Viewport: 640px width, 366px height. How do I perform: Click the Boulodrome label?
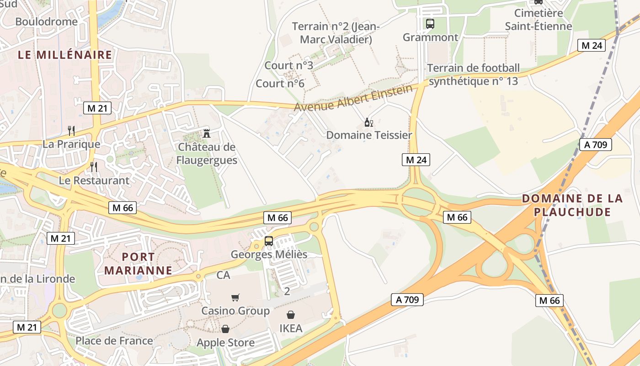tap(46, 22)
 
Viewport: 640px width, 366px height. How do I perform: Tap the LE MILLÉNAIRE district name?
tap(65, 55)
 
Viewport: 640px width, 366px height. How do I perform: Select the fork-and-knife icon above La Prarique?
tap(71, 131)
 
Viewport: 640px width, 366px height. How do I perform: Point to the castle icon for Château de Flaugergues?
tap(207, 134)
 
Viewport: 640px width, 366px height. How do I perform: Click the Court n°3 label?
tap(289, 65)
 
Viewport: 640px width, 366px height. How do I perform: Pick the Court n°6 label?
tap(280, 83)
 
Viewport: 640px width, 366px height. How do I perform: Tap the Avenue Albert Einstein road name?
tap(353, 98)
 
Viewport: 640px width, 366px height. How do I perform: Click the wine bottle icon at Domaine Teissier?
tap(368, 122)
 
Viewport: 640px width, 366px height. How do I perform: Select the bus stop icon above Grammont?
tap(430, 24)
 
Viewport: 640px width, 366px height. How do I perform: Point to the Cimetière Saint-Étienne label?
tap(538, 20)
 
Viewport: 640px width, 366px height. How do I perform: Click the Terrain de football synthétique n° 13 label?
tap(473, 75)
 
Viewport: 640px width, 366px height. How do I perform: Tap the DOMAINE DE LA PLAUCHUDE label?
tap(572, 205)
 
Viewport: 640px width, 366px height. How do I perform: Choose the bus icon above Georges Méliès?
tap(269, 241)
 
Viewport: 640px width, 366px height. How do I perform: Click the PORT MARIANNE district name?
tap(138, 263)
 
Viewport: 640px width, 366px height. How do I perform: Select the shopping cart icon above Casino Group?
tap(235, 298)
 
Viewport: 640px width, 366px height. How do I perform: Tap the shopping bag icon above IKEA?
tap(291, 315)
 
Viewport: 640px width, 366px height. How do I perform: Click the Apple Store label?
tap(225, 342)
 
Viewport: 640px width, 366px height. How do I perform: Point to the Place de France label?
tap(114, 340)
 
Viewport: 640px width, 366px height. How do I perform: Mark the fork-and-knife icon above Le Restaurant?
tap(94, 167)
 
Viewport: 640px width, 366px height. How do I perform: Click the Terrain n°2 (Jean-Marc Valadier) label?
tap(336, 33)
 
